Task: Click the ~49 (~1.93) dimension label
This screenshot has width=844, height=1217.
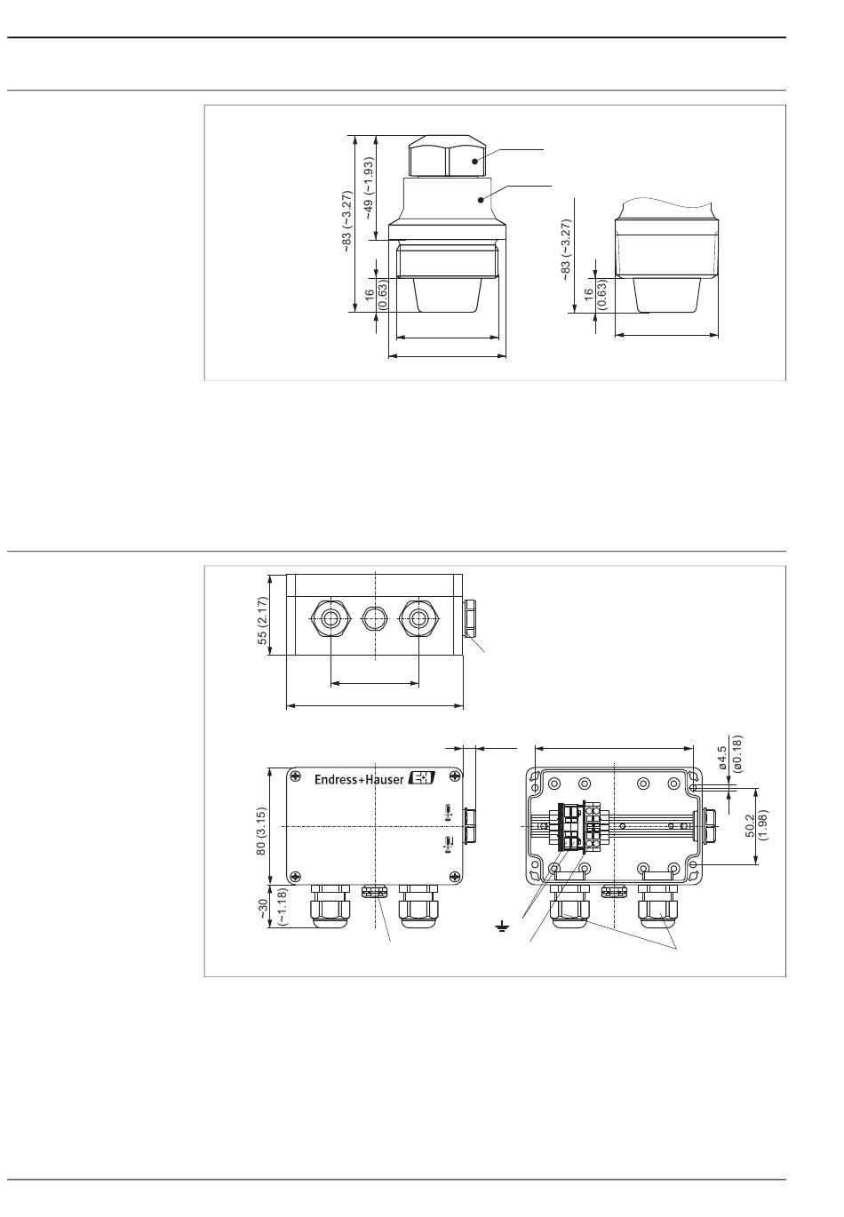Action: pos(369,188)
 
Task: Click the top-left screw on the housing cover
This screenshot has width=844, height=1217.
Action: pos(295,777)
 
